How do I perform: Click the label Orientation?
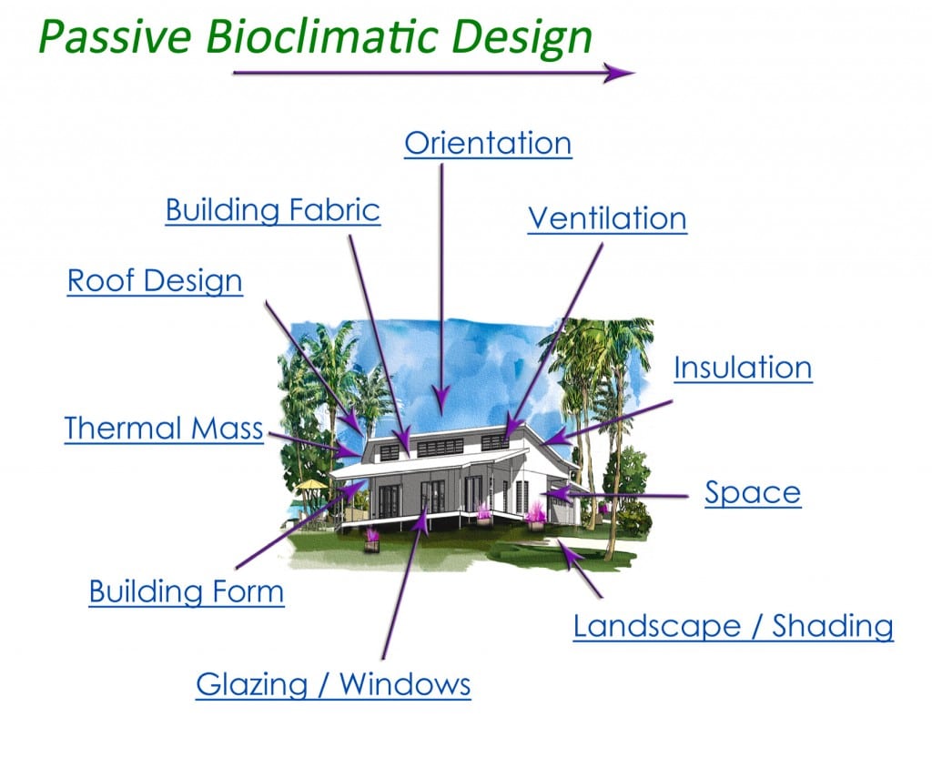[488, 144]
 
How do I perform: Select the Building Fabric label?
[272, 210]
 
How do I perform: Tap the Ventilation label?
[607, 218]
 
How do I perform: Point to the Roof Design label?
[155, 281]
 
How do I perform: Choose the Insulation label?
[743, 368]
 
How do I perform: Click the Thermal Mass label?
[164, 428]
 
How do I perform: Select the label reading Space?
[753, 493]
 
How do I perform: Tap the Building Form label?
[187, 592]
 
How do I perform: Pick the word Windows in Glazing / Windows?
[406, 684]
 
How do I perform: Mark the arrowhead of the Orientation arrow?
[441, 400]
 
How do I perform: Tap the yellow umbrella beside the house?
[312, 486]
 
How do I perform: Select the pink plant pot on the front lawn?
[371, 543]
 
